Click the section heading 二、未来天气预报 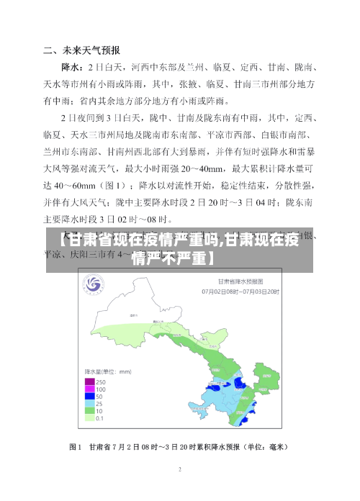[x=81, y=50]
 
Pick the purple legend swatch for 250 [x=91, y=382]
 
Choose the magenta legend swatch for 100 [x=91, y=389]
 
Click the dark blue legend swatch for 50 [x=91, y=396]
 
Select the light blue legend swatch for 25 [x=91, y=403]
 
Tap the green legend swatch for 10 [x=91, y=410]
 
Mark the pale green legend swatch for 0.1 [x=91, y=417]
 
